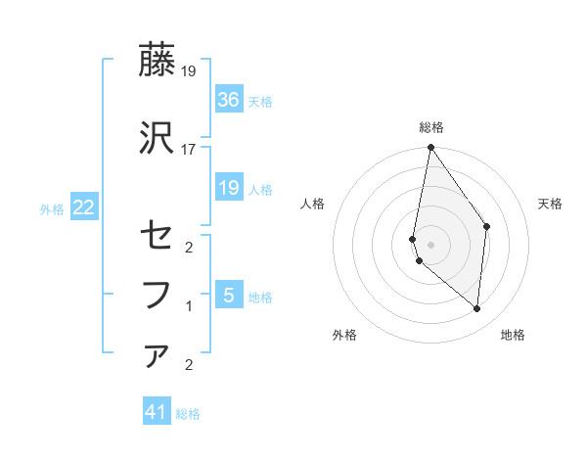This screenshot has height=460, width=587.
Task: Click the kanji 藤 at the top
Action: click(157, 61)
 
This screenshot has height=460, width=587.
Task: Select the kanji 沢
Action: click(157, 138)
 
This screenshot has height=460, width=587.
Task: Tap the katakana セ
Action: click(157, 237)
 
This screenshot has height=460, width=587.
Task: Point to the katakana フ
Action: click(157, 294)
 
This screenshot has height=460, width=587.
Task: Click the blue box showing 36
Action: click(228, 100)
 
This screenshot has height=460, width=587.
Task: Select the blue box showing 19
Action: click(228, 188)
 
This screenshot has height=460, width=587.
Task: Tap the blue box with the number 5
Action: click(228, 295)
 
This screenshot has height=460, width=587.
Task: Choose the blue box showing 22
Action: click(83, 207)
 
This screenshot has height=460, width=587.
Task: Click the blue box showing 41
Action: click(157, 412)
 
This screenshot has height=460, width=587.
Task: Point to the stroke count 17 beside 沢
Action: click(189, 149)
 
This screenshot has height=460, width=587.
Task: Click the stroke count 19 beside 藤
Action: click(189, 70)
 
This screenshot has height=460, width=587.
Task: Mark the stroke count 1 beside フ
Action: click(189, 306)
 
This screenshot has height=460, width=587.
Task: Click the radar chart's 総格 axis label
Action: click(431, 127)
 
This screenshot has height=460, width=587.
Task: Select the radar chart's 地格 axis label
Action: click(513, 335)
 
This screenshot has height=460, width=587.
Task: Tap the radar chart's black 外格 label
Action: click(344, 335)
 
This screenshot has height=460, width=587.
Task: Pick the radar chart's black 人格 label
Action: click(313, 204)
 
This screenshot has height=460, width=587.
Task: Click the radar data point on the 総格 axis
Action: click(430, 148)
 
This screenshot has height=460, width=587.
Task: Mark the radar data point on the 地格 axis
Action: click(477, 309)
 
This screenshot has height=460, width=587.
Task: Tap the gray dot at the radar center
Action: click(430, 245)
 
